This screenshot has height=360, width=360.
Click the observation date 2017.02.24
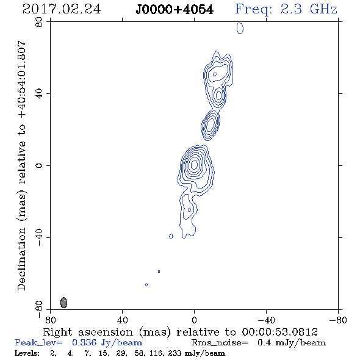[62, 9]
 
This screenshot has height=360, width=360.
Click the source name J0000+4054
[175, 10]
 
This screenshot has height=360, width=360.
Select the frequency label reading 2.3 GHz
[309, 9]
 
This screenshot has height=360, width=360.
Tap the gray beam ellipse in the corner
[63, 303]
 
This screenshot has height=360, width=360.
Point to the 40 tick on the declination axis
[39, 94]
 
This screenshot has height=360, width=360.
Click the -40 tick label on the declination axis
[39, 237]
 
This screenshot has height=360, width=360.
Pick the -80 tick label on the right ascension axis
[338, 320]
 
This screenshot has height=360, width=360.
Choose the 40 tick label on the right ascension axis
[122, 320]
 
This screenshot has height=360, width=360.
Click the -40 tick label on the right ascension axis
[266, 320]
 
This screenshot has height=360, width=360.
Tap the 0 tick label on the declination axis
[39, 165]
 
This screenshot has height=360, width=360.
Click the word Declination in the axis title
[21, 259]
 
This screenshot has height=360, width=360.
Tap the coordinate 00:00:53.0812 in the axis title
[279, 332]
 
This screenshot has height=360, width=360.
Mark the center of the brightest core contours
[194, 164]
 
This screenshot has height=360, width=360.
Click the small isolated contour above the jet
[240, 28]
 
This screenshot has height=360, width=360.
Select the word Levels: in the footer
[27, 353]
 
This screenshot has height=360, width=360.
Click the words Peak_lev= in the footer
[38, 343]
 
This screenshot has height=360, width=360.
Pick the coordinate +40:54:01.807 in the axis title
[21, 80]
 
